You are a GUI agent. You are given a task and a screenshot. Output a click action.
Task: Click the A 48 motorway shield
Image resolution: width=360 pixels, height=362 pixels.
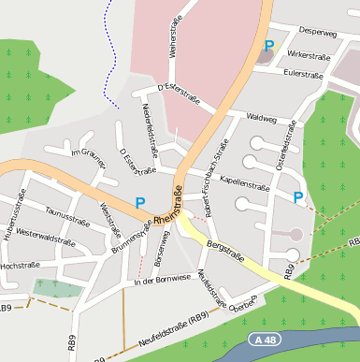pyautogui.click(x=269, y=338)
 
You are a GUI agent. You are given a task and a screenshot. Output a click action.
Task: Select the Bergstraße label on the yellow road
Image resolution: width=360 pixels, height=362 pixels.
pyautogui.click(x=224, y=253)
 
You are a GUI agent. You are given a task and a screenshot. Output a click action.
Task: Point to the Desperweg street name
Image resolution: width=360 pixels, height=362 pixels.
pyautogui.click(x=318, y=33)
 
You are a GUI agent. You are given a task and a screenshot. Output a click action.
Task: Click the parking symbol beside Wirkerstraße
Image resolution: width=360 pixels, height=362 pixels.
pyautogui.click(x=269, y=45)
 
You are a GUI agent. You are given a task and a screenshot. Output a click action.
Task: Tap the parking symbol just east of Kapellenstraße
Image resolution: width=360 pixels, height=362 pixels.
pyautogui.click(x=298, y=196)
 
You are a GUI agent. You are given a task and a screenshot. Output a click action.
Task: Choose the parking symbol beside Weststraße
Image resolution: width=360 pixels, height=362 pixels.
pyautogui.click(x=140, y=202)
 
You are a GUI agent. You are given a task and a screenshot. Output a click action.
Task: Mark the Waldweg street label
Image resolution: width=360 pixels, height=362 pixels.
pyautogui.click(x=262, y=118)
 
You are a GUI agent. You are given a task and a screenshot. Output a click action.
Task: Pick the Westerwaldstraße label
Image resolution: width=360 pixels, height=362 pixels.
pyautogui.click(x=45, y=239)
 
